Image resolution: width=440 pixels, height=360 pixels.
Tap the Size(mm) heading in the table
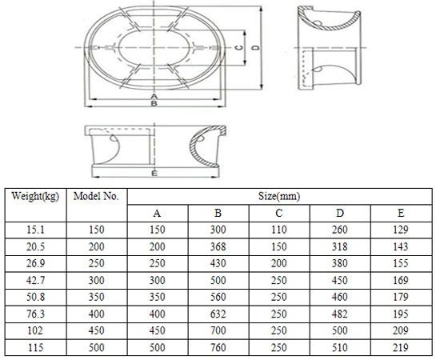[x=278, y=195]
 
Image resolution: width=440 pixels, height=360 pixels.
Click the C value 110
[x=279, y=230]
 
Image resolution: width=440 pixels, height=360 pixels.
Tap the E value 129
[x=400, y=230]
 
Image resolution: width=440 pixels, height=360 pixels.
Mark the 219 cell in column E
[x=400, y=348]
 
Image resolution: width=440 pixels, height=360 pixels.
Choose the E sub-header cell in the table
[x=400, y=214]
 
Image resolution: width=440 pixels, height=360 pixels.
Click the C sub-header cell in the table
[x=279, y=214]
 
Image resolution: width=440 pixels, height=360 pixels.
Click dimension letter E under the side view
[x=154, y=174]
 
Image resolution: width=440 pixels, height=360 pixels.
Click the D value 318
[x=339, y=247]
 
